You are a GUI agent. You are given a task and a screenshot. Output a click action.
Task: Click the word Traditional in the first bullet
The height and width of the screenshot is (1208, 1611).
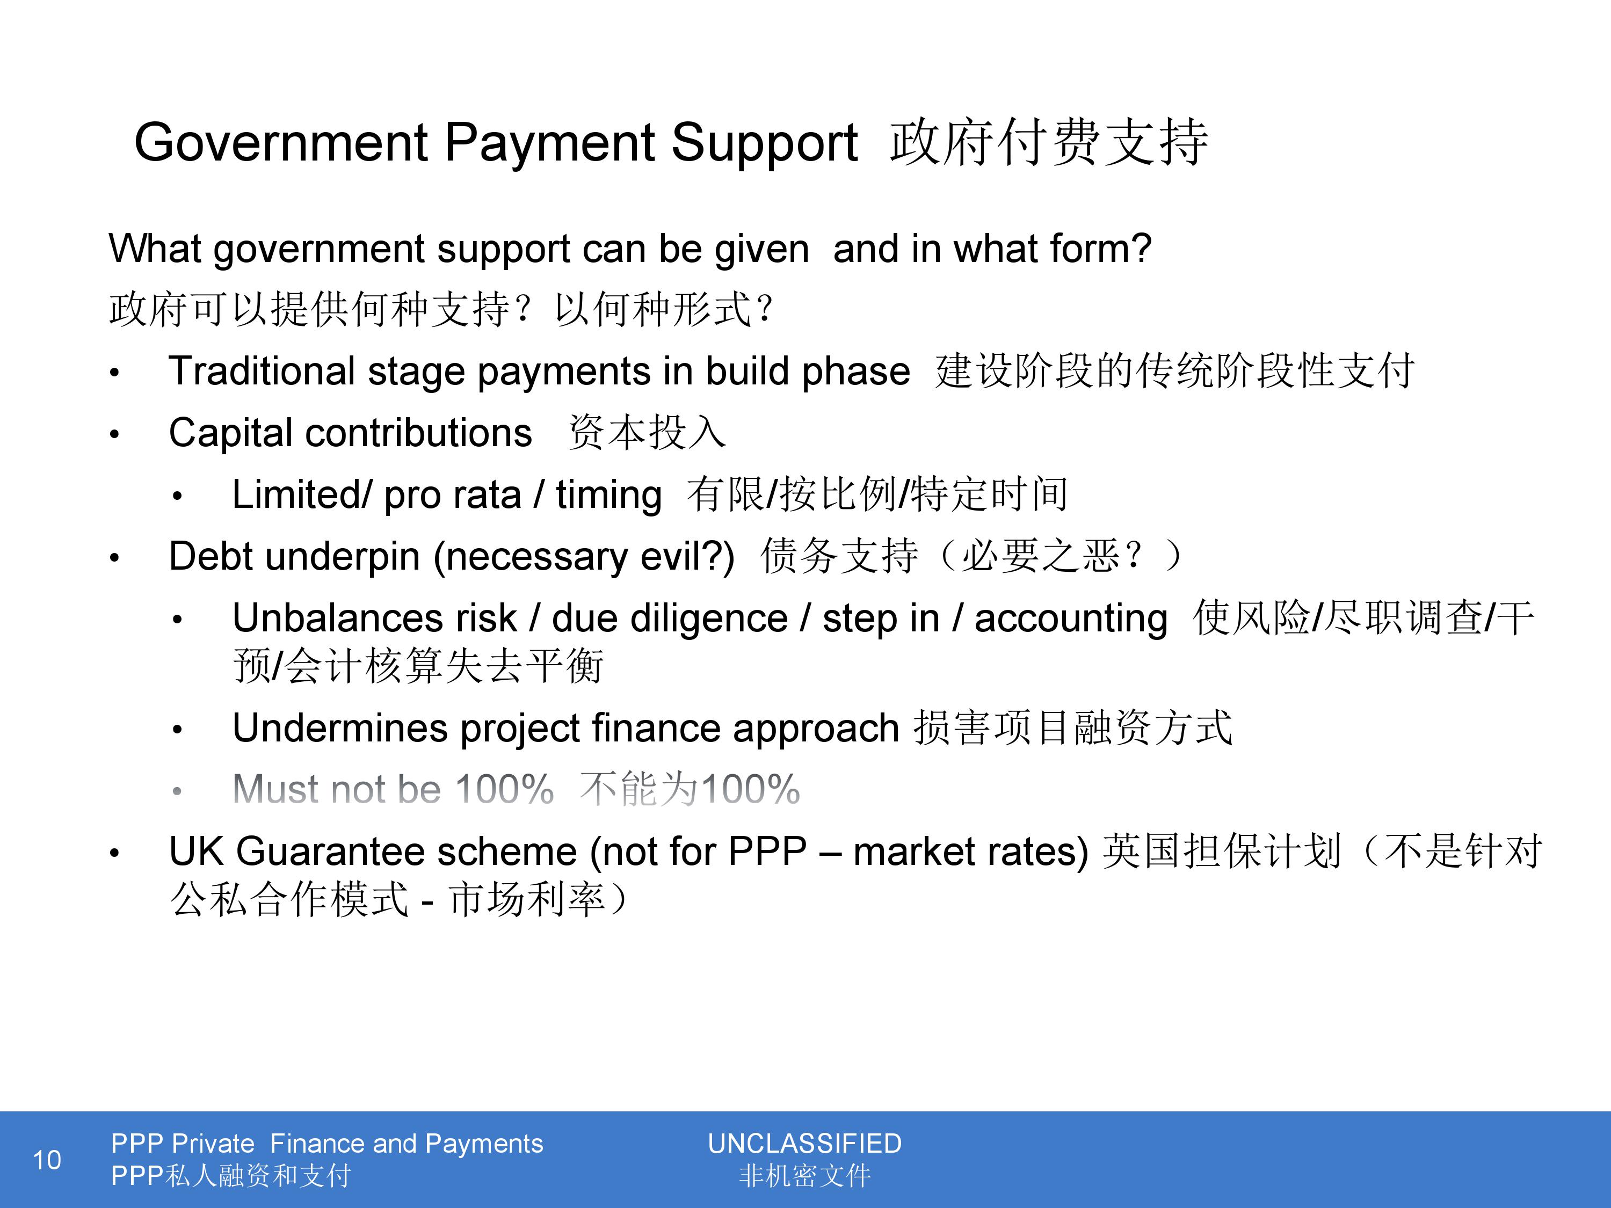coord(262,372)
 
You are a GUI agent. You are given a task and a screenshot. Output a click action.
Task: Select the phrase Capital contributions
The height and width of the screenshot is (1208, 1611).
coord(350,433)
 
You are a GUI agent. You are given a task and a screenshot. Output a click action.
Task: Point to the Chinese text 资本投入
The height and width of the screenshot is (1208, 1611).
coord(647,433)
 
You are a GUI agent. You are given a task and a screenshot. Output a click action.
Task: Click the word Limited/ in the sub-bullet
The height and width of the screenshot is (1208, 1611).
coord(301,495)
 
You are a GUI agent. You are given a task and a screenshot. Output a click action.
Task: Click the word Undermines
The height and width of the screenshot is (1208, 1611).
coord(339,728)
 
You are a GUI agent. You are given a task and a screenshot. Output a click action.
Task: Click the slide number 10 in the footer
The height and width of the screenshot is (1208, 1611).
coord(47,1160)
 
